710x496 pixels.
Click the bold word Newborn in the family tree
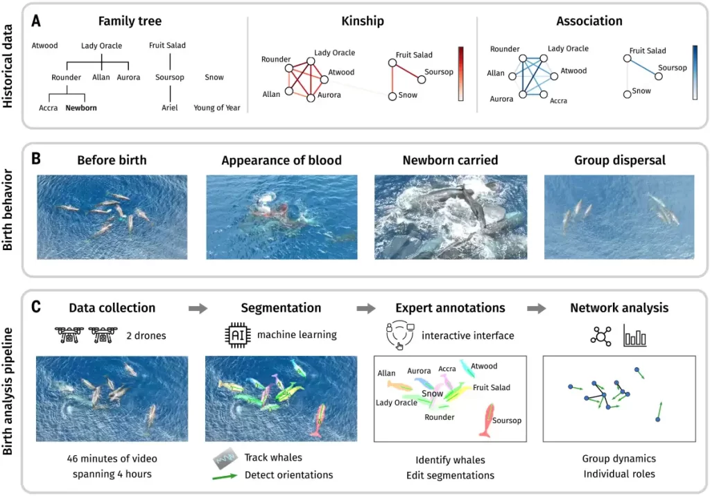[x=81, y=108]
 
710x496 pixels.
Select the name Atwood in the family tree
[x=45, y=46]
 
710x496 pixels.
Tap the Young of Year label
[x=217, y=108]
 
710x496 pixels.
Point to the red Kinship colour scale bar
[x=460, y=74]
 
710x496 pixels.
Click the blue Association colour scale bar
[x=695, y=73]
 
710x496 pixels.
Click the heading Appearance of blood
[x=282, y=161]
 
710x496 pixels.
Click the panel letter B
[x=36, y=159]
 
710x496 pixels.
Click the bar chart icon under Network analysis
[x=635, y=336]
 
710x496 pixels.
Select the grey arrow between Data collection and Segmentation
[x=198, y=308]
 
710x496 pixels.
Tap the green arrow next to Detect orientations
[x=227, y=475]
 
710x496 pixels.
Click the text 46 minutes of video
[x=112, y=459]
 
